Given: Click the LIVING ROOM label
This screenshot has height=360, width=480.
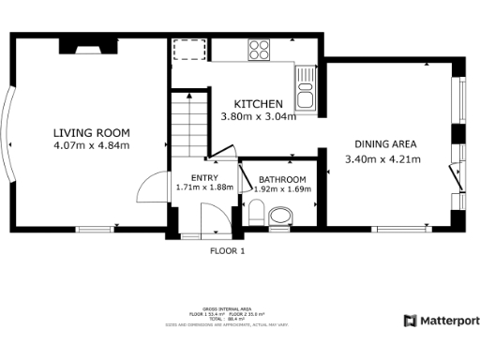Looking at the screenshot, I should [91, 132].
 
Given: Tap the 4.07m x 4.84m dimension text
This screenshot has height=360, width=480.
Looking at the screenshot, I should [91, 145].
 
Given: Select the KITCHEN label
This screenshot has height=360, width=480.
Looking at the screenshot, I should [258, 103].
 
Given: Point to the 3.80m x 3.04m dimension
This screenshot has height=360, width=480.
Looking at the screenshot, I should [258, 116].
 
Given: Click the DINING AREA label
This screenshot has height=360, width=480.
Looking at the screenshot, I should [385, 144].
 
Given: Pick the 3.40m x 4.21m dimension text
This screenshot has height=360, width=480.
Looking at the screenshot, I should [383, 158].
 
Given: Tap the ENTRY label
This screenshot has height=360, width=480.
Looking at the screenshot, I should [203, 178].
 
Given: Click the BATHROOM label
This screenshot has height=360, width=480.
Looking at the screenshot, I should [282, 179].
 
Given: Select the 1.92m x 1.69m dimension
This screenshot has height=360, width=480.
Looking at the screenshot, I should [282, 189].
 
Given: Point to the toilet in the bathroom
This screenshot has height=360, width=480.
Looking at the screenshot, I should [279, 217].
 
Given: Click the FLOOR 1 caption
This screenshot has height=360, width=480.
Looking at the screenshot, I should [227, 251].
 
